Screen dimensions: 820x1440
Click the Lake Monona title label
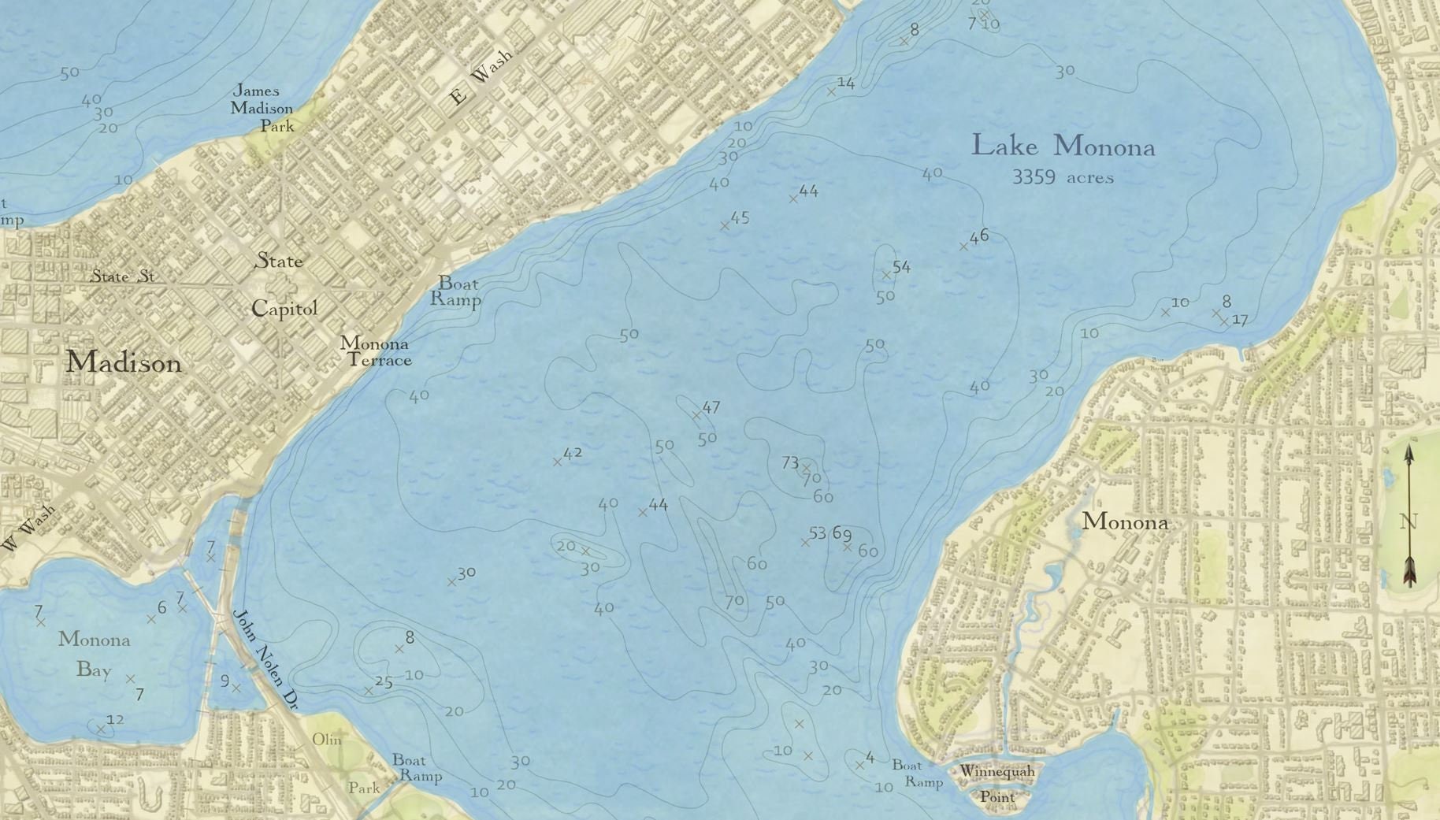[1063, 147]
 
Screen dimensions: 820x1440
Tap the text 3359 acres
[1063, 177]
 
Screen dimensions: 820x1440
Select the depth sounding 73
[791, 463]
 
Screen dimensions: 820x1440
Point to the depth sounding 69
[841, 533]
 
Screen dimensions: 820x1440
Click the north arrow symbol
[1409, 516]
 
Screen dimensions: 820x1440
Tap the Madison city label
[123, 362]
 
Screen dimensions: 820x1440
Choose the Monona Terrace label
[376, 352]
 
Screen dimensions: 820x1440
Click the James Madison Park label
[262, 109]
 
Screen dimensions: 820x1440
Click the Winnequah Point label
[997, 784]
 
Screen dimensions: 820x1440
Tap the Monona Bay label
[94, 654]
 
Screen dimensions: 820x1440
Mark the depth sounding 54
[901, 267]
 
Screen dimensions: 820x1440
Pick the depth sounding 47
[711, 407]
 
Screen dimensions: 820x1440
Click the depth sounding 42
[573, 453]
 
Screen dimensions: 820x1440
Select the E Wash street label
[481, 77]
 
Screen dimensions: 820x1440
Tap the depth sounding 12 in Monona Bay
[115, 719]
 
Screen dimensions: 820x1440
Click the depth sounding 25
[384, 682]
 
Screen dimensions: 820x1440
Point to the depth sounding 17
[1239, 320]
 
